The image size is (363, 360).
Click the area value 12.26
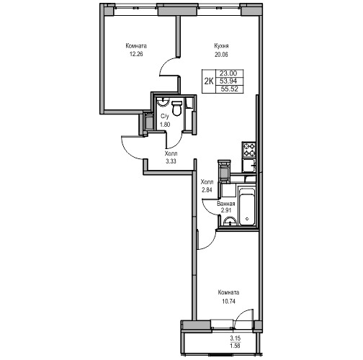(x=136, y=54)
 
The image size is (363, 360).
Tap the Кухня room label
(x=221, y=46)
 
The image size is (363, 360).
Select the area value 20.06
(x=221, y=55)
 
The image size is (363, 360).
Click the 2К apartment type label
(x=209, y=81)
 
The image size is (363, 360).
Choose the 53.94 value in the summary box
(x=228, y=81)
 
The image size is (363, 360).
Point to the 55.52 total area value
(x=230, y=89)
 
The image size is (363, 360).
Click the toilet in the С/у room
(x=177, y=109)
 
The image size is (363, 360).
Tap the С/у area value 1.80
(x=165, y=125)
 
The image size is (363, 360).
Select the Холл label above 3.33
(x=171, y=153)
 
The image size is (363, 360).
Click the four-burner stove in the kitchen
(x=248, y=150)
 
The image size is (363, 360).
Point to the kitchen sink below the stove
(x=248, y=166)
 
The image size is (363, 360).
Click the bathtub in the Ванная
(x=246, y=207)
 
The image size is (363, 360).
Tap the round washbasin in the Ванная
(x=230, y=221)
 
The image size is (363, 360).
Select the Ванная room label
(x=226, y=204)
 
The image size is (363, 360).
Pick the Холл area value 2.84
(x=207, y=190)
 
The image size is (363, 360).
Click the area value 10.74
(x=228, y=301)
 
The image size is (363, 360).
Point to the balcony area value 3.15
(x=236, y=338)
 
